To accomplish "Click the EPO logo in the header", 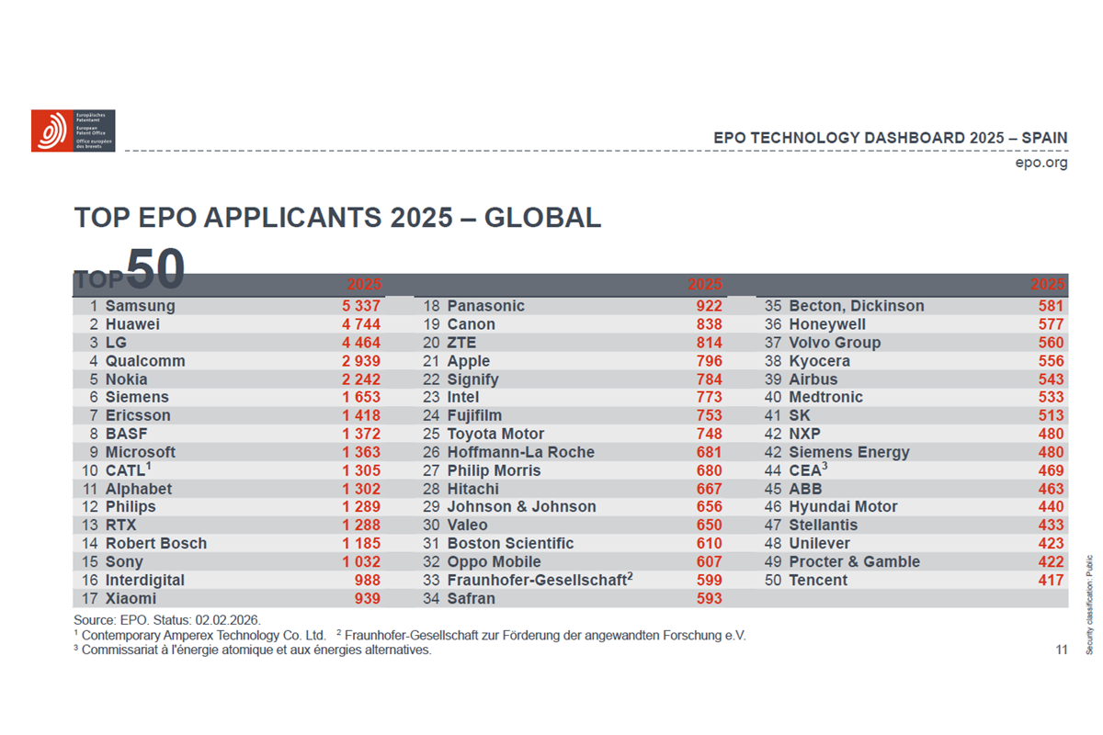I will pyautogui.click(x=73, y=130).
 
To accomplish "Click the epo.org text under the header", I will pyautogui.click(x=1041, y=163).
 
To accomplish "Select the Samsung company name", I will pyautogui.click(x=140, y=306).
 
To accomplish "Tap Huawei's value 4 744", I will pyautogui.click(x=361, y=324).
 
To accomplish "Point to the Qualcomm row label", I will pyautogui.click(x=145, y=361).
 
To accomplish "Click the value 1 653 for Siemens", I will pyautogui.click(x=361, y=397).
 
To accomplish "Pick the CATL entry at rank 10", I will pyautogui.click(x=127, y=470).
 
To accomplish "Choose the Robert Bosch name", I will pyautogui.click(x=156, y=543).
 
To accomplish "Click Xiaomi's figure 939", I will pyautogui.click(x=367, y=598).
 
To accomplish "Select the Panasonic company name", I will pyautogui.click(x=486, y=306).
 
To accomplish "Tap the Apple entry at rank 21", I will pyautogui.click(x=469, y=361).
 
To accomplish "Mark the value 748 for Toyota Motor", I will pyautogui.click(x=709, y=434).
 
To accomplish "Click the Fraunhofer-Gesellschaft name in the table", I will pyautogui.click(x=537, y=580).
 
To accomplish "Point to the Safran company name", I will pyautogui.click(x=472, y=598).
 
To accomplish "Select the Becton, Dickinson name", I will pyautogui.click(x=857, y=306).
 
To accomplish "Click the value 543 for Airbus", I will pyautogui.click(x=1051, y=379).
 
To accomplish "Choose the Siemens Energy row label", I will pyautogui.click(x=849, y=452).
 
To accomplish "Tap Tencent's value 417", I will pyautogui.click(x=1051, y=580).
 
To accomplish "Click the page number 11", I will pyautogui.click(x=1062, y=650).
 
